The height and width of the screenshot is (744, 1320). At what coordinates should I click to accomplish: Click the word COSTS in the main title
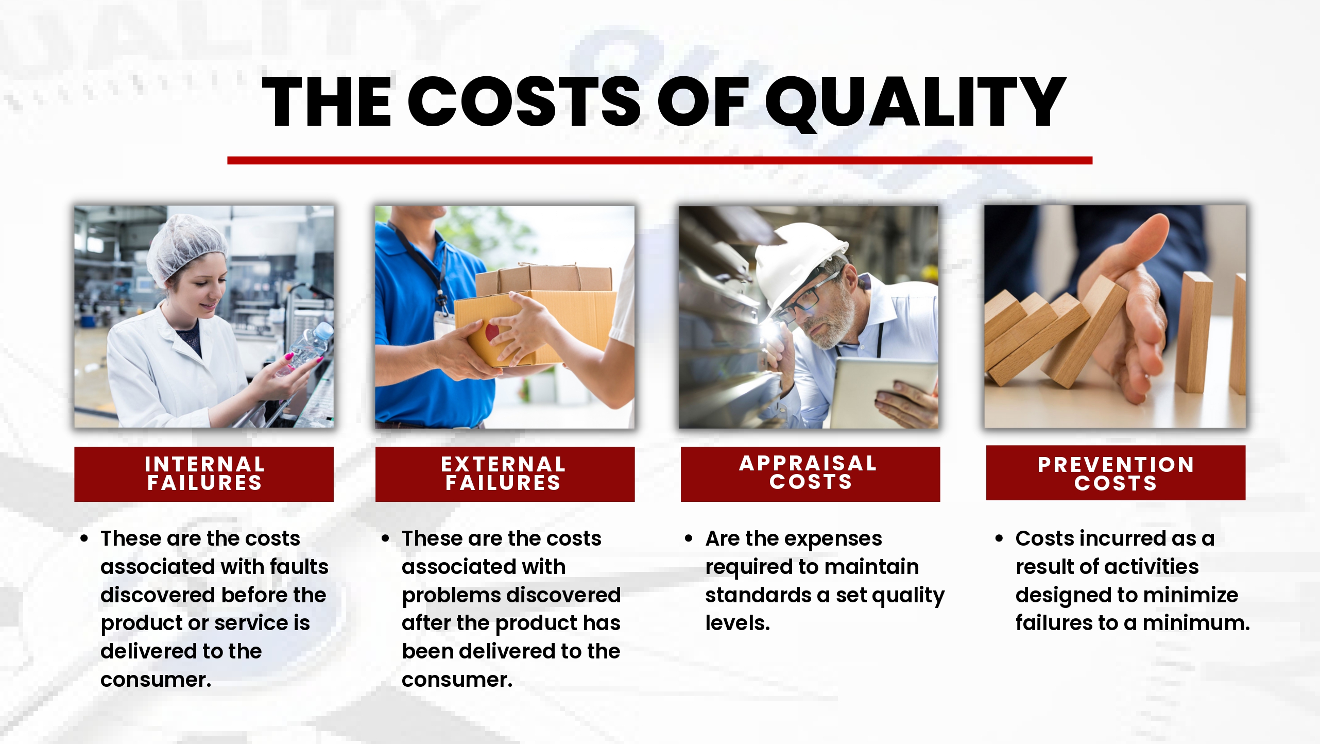tap(524, 102)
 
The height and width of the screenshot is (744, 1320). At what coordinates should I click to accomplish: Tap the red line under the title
tap(660, 160)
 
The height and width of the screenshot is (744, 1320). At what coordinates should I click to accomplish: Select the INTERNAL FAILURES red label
tap(204, 474)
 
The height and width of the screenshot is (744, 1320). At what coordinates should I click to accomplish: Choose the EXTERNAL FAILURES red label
tap(505, 474)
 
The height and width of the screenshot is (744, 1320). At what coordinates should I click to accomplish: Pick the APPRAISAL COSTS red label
tap(810, 474)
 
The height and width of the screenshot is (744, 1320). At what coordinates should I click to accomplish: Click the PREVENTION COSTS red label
tap(1116, 473)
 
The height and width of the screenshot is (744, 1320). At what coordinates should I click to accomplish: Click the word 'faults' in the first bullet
tap(299, 567)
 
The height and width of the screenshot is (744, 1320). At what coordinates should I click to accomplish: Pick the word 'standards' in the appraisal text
tap(758, 595)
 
